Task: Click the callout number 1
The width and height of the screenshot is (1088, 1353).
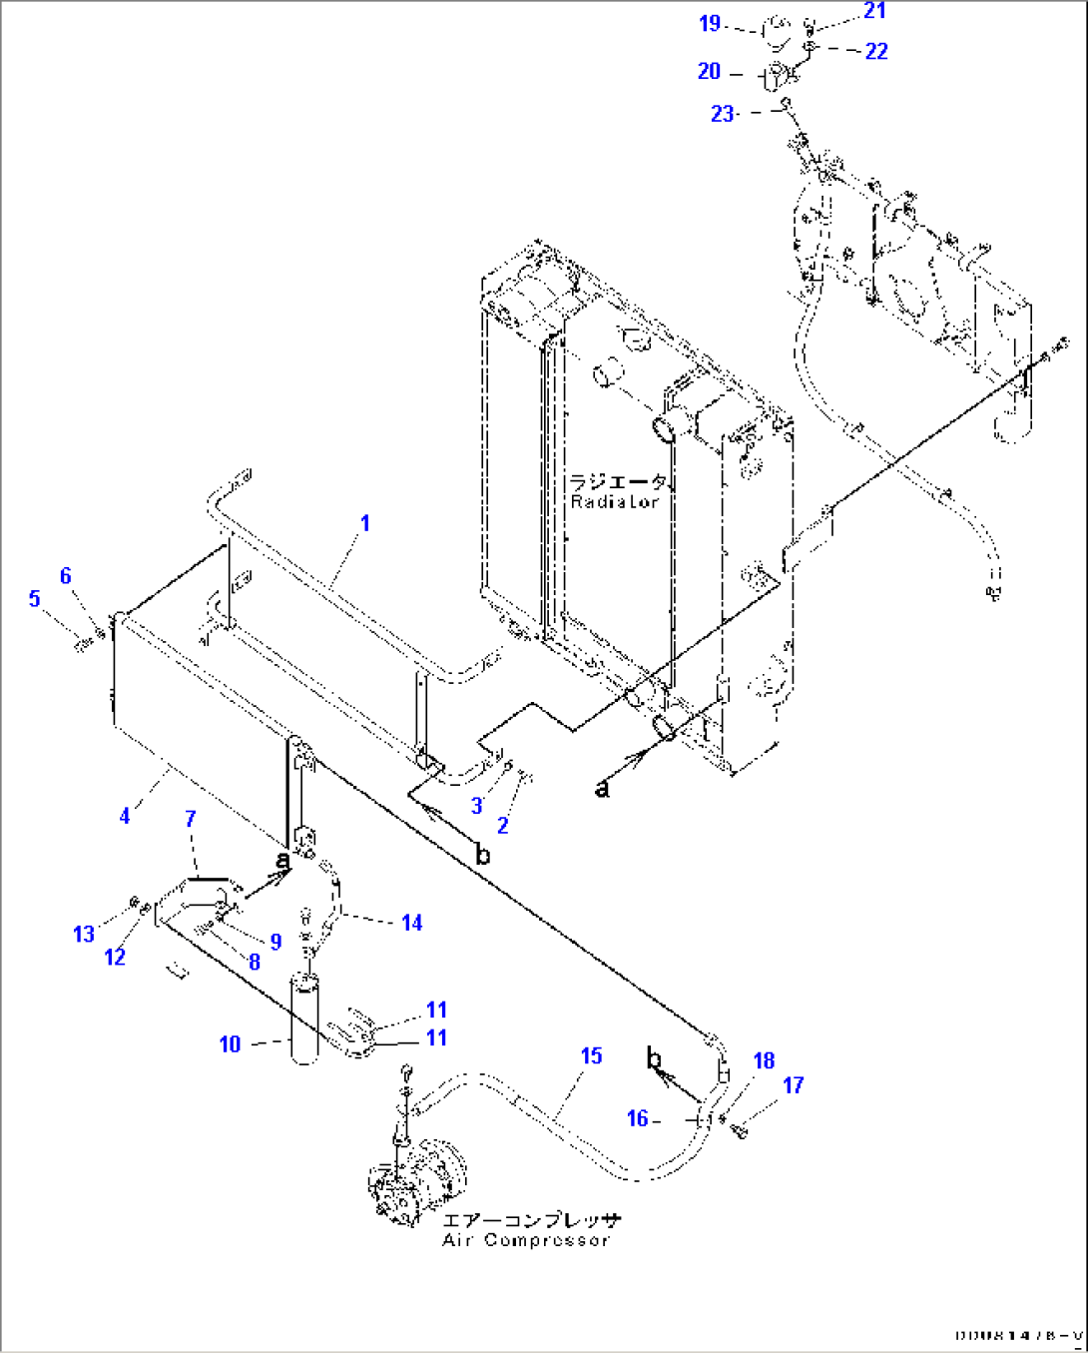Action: click(x=365, y=522)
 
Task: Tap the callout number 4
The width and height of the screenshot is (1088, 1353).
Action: click(x=125, y=816)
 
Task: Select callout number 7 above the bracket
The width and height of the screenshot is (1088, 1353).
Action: click(x=191, y=819)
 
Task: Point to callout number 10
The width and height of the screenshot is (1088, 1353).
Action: click(x=230, y=1044)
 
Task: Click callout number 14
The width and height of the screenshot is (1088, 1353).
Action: click(x=411, y=923)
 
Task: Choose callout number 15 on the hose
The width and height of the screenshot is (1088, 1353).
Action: click(x=592, y=1055)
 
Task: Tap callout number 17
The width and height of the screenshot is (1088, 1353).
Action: click(x=794, y=1084)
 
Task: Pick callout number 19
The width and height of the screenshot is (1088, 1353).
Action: click(x=710, y=23)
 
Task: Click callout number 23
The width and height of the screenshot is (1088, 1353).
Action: click(x=723, y=114)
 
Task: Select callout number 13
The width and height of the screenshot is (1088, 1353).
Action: click(x=84, y=934)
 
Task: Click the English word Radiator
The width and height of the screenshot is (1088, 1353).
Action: click(x=615, y=501)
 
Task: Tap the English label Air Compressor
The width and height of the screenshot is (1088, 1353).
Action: click(x=525, y=1240)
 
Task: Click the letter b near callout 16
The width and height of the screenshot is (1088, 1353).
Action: click(x=655, y=1057)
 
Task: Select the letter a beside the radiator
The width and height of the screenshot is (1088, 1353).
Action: click(x=602, y=789)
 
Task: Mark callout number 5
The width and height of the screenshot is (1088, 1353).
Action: click(x=35, y=598)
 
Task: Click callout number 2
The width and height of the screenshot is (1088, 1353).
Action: click(x=503, y=825)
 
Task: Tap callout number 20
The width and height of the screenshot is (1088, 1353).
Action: click(x=709, y=71)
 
